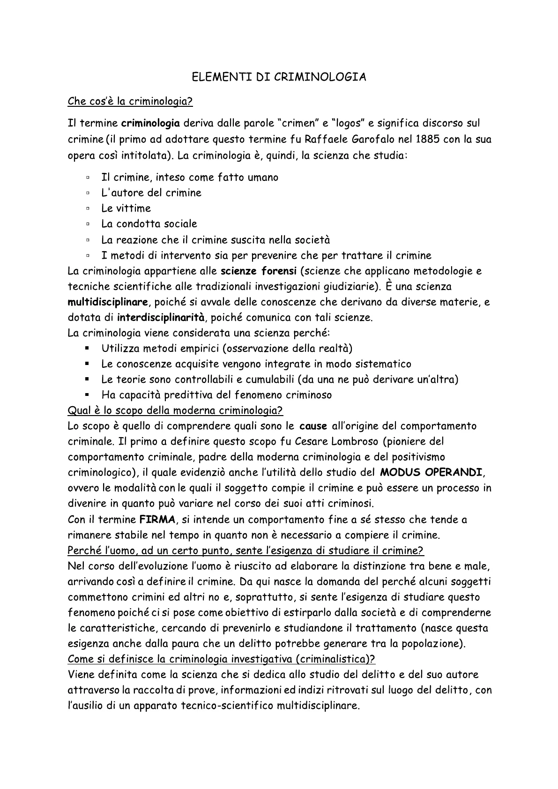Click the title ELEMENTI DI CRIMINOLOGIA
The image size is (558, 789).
pyautogui.click(x=279, y=77)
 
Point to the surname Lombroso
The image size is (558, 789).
pyautogui.click(x=358, y=441)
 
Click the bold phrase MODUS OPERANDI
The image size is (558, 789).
pyautogui.click(x=431, y=472)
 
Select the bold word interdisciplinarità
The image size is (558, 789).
pyautogui.click(x=161, y=317)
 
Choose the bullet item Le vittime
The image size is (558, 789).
pyautogui.click(x=126, y=208)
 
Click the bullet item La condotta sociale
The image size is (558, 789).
pyautogui.click(x=149, y=224)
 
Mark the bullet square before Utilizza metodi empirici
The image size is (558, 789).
pyautogui.click(x=88, y=348)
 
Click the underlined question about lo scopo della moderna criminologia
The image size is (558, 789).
pyautogui.click(x=176, y=410)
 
